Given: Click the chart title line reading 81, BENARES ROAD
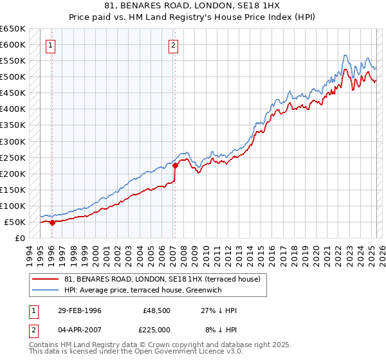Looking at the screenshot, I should pos(192,6).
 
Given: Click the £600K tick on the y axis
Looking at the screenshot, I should pos(14,45).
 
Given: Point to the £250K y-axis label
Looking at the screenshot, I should pos(14,157).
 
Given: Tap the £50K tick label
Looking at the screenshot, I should pos(16,222).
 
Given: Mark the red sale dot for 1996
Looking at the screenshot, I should pos(53,222).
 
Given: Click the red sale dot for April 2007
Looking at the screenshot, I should pos(175,165).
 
